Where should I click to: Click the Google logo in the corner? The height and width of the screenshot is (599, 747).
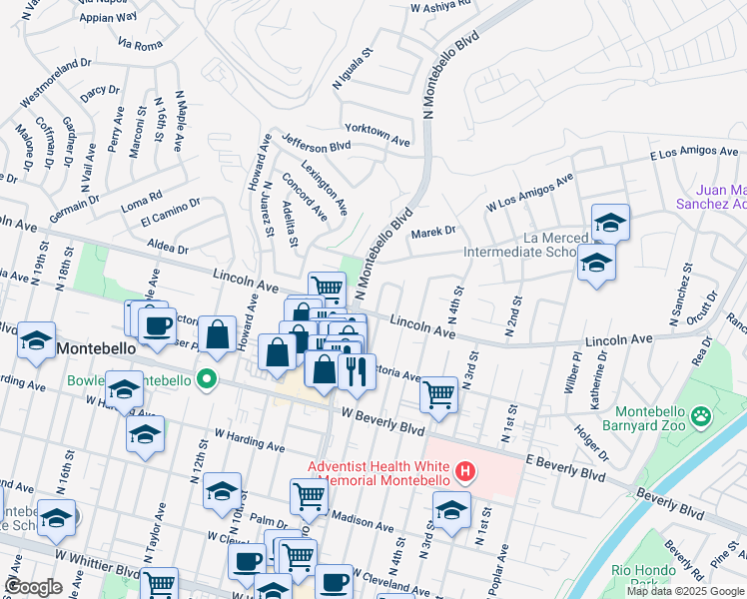coord(34,587)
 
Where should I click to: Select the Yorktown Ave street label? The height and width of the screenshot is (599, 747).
coord(377,130)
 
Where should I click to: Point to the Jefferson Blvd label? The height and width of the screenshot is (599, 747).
coord(316,145)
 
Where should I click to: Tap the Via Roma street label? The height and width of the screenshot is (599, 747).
coord(140,45)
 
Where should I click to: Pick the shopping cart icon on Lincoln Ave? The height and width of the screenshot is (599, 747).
coord(327,288)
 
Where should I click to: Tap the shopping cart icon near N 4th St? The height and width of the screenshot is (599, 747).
coord(438,393)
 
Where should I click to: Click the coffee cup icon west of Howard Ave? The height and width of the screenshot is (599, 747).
coord(157,325)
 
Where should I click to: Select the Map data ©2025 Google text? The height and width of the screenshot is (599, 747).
coord(686,591)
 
